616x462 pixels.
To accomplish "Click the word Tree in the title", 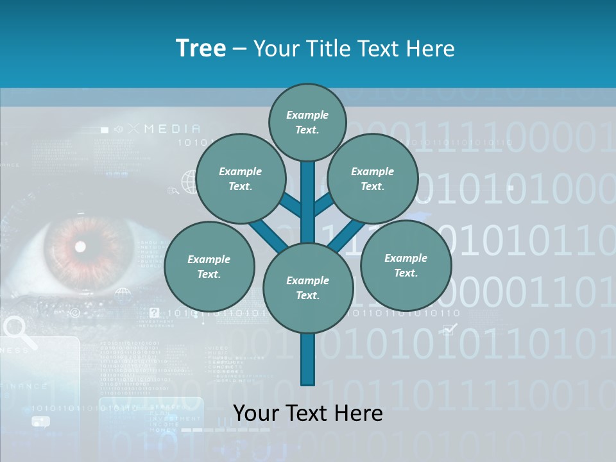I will point(201,49).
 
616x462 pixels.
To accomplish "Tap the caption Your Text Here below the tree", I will point(307,413).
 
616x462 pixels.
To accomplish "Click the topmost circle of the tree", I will point(307,122).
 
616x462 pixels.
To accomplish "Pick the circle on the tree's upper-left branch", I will point(240,178).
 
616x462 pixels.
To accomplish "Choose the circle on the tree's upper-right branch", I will point(372,178).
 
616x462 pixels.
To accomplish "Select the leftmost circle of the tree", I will point(209,266).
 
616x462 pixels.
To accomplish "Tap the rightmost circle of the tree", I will point(406,265).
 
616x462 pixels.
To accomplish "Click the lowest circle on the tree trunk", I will point(307,287).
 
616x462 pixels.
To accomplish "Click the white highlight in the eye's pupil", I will point(80,246).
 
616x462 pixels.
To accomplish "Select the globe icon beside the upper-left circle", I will point(189,182).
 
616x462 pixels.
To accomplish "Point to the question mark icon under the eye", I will point(154,313).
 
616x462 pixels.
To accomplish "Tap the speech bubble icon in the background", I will point(40,422).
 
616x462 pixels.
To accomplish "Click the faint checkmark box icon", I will point(450,330).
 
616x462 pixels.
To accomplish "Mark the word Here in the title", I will point(431,49).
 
